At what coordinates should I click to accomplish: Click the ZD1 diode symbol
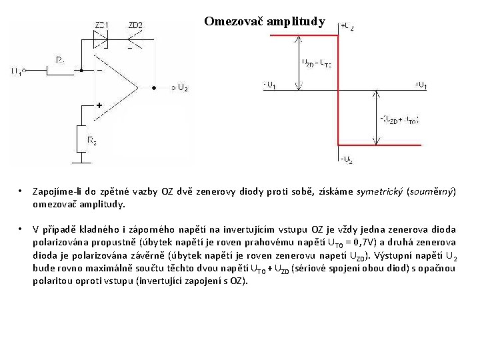(103, 40)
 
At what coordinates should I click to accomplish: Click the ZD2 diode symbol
(133, 40)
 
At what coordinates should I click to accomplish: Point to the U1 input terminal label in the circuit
(17, 71)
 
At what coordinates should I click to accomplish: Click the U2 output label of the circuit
(183, 88)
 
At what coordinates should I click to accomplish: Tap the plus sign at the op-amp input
(99, 105)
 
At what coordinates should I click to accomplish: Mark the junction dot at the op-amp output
(154, 87)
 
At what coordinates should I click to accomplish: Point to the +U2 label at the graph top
(347, 27)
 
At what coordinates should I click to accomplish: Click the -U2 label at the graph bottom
(347, 160)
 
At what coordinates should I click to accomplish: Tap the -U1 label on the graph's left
(270, 85)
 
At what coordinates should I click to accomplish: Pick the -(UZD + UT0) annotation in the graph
(400, 119)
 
